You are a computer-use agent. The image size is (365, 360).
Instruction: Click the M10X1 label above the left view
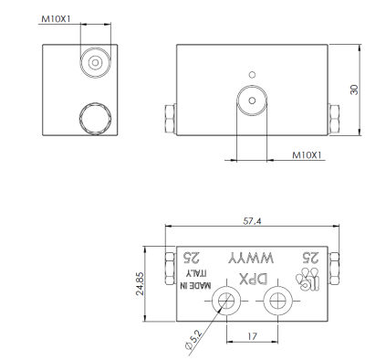tap(56, 19)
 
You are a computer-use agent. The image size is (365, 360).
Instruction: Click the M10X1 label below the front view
tap(307, 155)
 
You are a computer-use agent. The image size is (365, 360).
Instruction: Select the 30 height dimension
tap(354, 90)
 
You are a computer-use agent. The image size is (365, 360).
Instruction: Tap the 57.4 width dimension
tap(252, 221)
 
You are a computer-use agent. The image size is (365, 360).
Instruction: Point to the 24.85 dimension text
tap(141, 283)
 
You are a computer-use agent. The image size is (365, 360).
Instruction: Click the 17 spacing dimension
tap(252, 336)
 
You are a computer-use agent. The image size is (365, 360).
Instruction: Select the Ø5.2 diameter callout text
tap(193, 340)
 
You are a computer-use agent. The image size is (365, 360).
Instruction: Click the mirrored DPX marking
tap(254, 280)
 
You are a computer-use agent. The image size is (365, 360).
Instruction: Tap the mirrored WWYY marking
tap(251, 259)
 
